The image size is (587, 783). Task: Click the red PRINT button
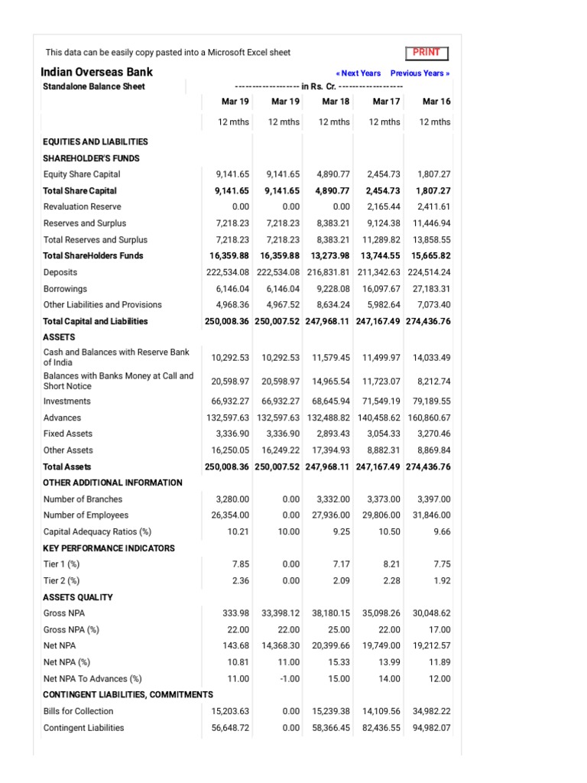coord(426,53)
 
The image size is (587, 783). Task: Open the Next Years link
coord(358,73)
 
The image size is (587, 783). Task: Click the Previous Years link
coord(420,73)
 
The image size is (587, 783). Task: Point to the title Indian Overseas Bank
coord(96,72)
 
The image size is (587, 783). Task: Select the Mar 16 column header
coord(436,101)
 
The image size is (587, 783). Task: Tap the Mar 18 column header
coord(335,101)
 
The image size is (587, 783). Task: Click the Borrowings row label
coord(65,289)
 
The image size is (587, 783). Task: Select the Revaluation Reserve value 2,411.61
coord(432,206)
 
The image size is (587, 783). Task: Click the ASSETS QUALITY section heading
coord(78,597)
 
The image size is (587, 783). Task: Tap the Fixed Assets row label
coord(68,434)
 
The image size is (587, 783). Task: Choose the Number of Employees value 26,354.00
coord(230,515)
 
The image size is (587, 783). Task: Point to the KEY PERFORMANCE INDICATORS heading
coord(109,548)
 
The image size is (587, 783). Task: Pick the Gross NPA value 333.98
coord(234,613)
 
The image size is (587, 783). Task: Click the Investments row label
coord(66,401)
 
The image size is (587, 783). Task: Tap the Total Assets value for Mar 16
coord(428,466)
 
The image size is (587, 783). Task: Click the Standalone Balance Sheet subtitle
coord(94,86)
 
